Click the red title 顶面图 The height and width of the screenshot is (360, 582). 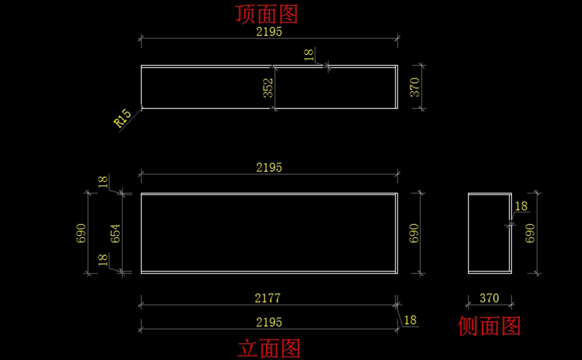pos(266,15)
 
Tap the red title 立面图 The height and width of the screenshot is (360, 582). pos(269,348)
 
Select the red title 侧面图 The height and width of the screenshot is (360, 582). pos(489,326)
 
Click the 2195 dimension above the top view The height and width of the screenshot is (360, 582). pos(269,32)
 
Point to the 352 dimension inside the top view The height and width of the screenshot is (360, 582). pos(268,88)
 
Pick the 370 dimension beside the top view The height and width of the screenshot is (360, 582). pos(416,87)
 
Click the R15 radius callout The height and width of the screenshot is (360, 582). pos(123,119)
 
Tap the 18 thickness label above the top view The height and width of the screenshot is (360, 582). pos(309,54)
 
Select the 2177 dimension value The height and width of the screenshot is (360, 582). pos(268,298)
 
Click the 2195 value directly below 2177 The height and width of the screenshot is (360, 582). pos(269,322)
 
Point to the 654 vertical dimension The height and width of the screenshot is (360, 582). pos(115,233)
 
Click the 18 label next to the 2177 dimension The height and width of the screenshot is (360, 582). pos(410,320)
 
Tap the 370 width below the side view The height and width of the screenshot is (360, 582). pos(489,298)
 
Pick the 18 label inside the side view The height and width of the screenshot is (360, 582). pos(521,206)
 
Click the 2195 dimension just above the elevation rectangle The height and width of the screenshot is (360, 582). pos(269,167)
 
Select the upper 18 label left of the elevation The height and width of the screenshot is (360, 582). pos(103,182)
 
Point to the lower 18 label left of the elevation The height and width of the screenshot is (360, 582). pos(103,260)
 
